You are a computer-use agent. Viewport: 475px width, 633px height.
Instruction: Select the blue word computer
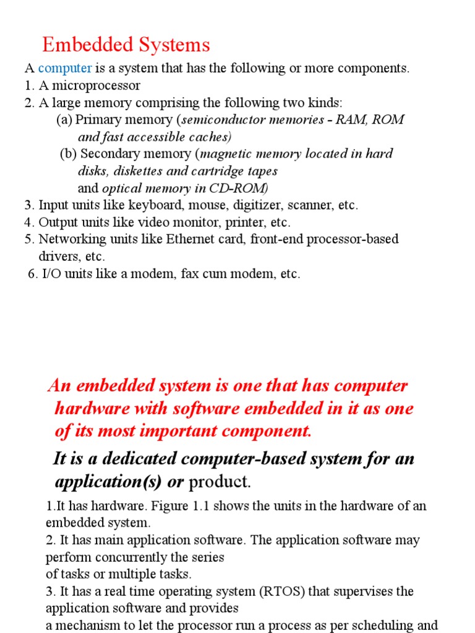65,68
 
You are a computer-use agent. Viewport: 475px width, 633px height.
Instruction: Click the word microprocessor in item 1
101,85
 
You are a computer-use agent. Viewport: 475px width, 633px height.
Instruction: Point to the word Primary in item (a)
98,119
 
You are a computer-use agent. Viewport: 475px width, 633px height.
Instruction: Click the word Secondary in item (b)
109,153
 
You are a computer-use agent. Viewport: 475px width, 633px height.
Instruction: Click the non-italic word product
220,482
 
